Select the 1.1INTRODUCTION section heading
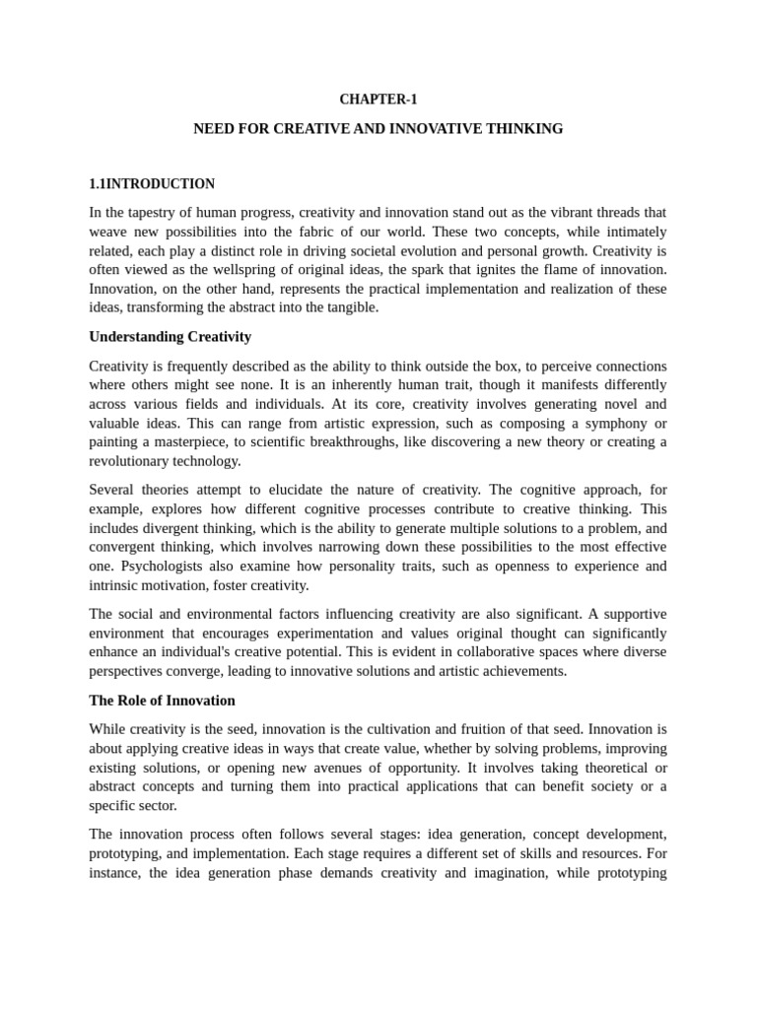[x=152, y=184]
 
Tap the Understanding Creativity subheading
[x=170, y=337]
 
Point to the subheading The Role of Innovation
[x=162, y=701]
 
